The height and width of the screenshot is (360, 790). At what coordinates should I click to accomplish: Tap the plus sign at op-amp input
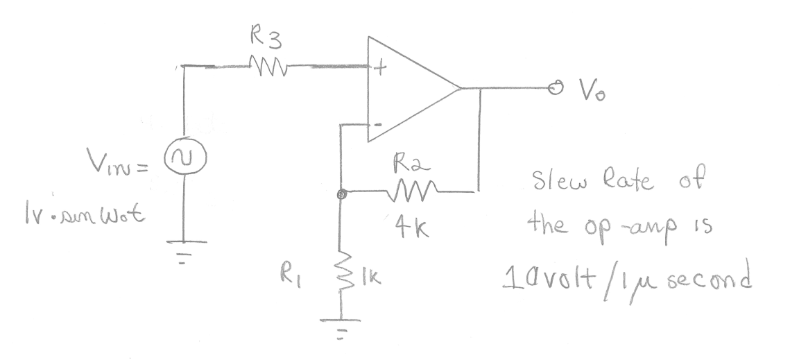379,67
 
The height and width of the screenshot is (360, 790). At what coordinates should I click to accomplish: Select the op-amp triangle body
409,90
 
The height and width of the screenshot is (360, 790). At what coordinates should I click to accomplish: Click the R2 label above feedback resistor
409,164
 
